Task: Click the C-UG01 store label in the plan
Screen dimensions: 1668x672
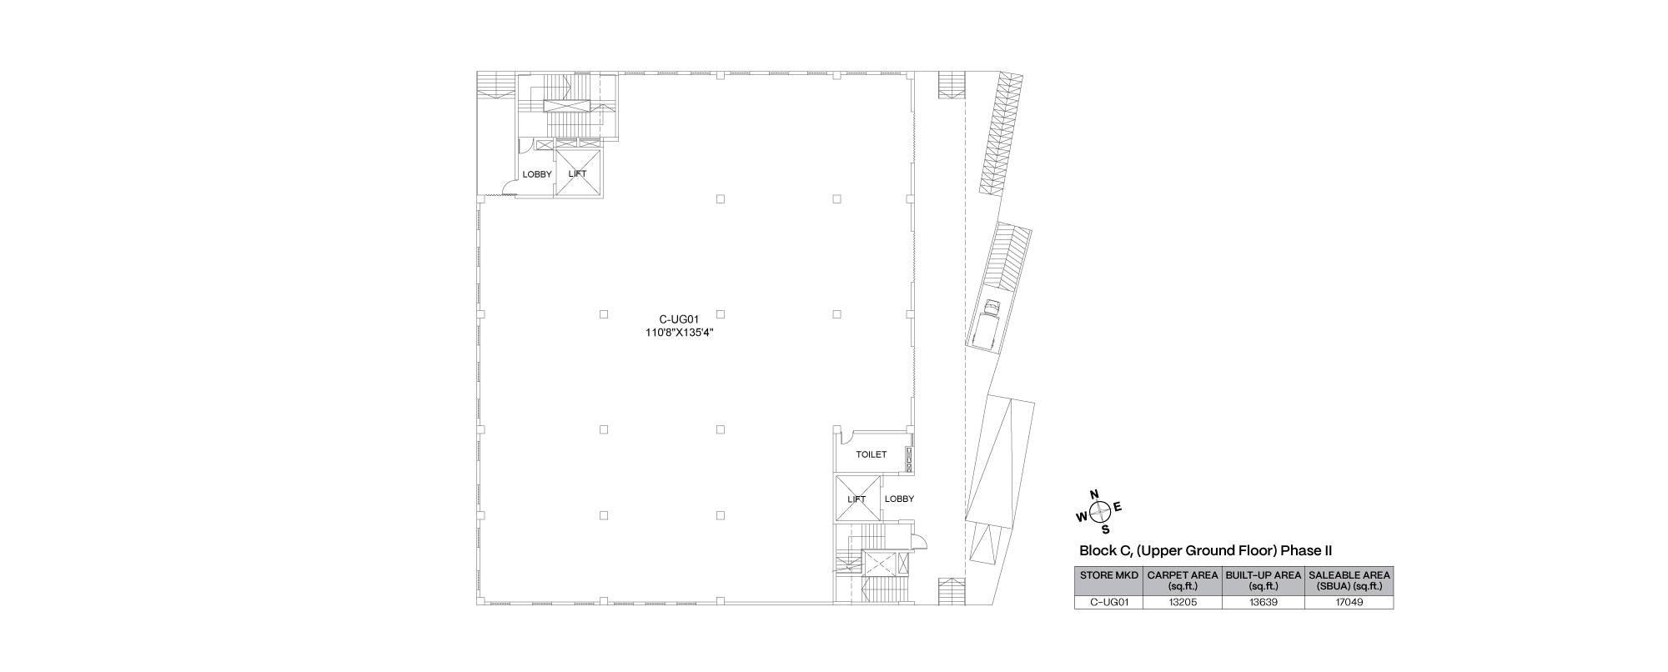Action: (678, 318)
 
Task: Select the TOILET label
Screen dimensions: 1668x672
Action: (872, 454)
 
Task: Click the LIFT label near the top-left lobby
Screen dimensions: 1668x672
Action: (577, 174)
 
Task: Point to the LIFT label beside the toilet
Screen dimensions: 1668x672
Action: (857, 499)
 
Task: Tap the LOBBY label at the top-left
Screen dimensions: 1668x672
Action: (537, 174)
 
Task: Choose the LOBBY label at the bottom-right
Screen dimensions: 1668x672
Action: (899, 499)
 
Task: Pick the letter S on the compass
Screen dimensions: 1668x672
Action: (1106, 529)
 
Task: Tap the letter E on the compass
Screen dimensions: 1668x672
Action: (1118, 507)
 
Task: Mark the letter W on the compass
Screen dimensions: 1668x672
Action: (1083, 517)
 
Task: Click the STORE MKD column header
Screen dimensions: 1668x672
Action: (1108, 575)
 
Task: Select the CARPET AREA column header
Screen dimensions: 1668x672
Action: (1183, 580)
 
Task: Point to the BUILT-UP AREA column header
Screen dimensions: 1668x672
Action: (1263, 580)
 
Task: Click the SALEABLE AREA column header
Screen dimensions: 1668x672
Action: (1349, 580)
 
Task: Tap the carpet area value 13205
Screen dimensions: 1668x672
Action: (1183, 602)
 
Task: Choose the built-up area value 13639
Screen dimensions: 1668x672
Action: (1263, 602)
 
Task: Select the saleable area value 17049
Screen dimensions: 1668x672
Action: (1349, 602)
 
